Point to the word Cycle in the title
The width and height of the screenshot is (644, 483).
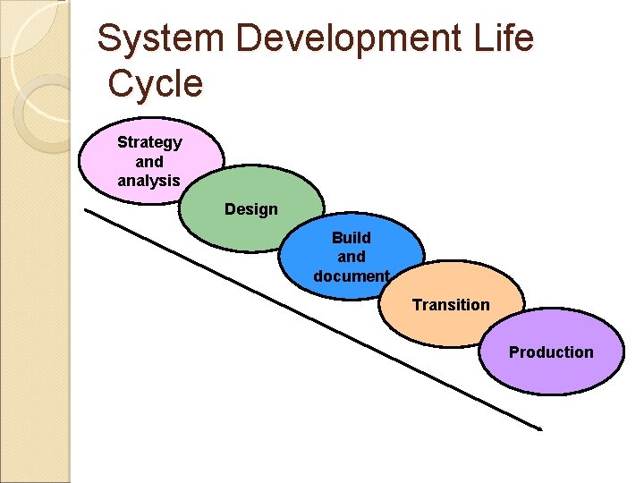coord(156,84)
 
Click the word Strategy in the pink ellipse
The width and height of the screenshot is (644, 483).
coord(149,142)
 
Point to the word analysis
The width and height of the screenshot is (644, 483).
coord(148,181)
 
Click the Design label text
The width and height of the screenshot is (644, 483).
coord(251,209)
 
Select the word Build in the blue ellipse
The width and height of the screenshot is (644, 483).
coord(352,238)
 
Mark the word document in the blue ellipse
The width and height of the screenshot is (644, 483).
coord(352,276)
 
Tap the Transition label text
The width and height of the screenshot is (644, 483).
coord(451,305)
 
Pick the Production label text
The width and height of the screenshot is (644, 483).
coord(551,352)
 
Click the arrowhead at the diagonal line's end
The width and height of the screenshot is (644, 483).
coord(538,428)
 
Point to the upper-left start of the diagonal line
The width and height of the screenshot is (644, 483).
coord(86,210)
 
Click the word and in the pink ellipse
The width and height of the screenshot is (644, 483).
coord(149,162)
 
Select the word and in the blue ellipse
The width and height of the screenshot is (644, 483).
coord(352,258)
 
